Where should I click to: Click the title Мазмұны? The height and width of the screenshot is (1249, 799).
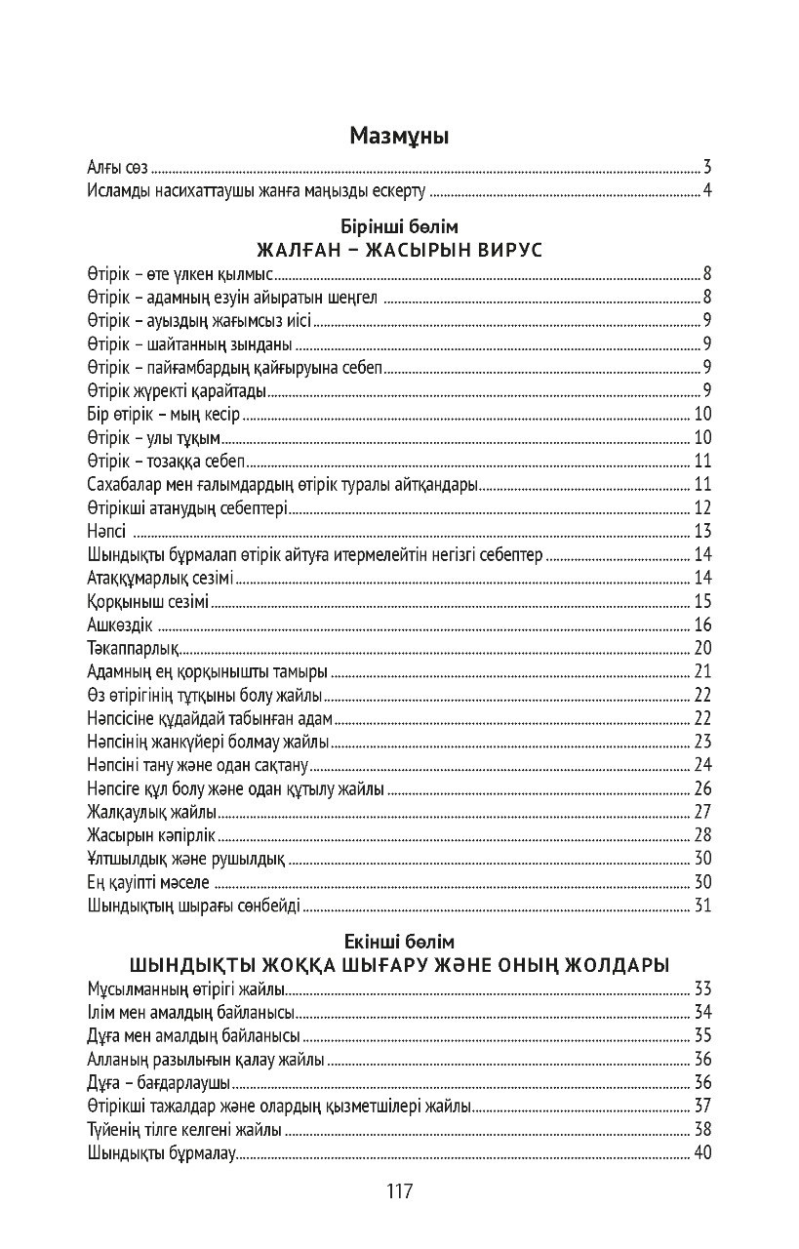399,137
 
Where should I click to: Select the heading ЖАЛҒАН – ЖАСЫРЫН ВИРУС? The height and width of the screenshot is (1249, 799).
399,250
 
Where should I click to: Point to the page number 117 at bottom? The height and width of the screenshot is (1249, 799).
399,1191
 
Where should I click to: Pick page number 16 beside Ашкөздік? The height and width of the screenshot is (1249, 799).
703,625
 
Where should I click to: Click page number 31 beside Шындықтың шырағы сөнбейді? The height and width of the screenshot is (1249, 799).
703,907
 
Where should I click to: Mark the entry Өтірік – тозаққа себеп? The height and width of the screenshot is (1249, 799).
165,462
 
